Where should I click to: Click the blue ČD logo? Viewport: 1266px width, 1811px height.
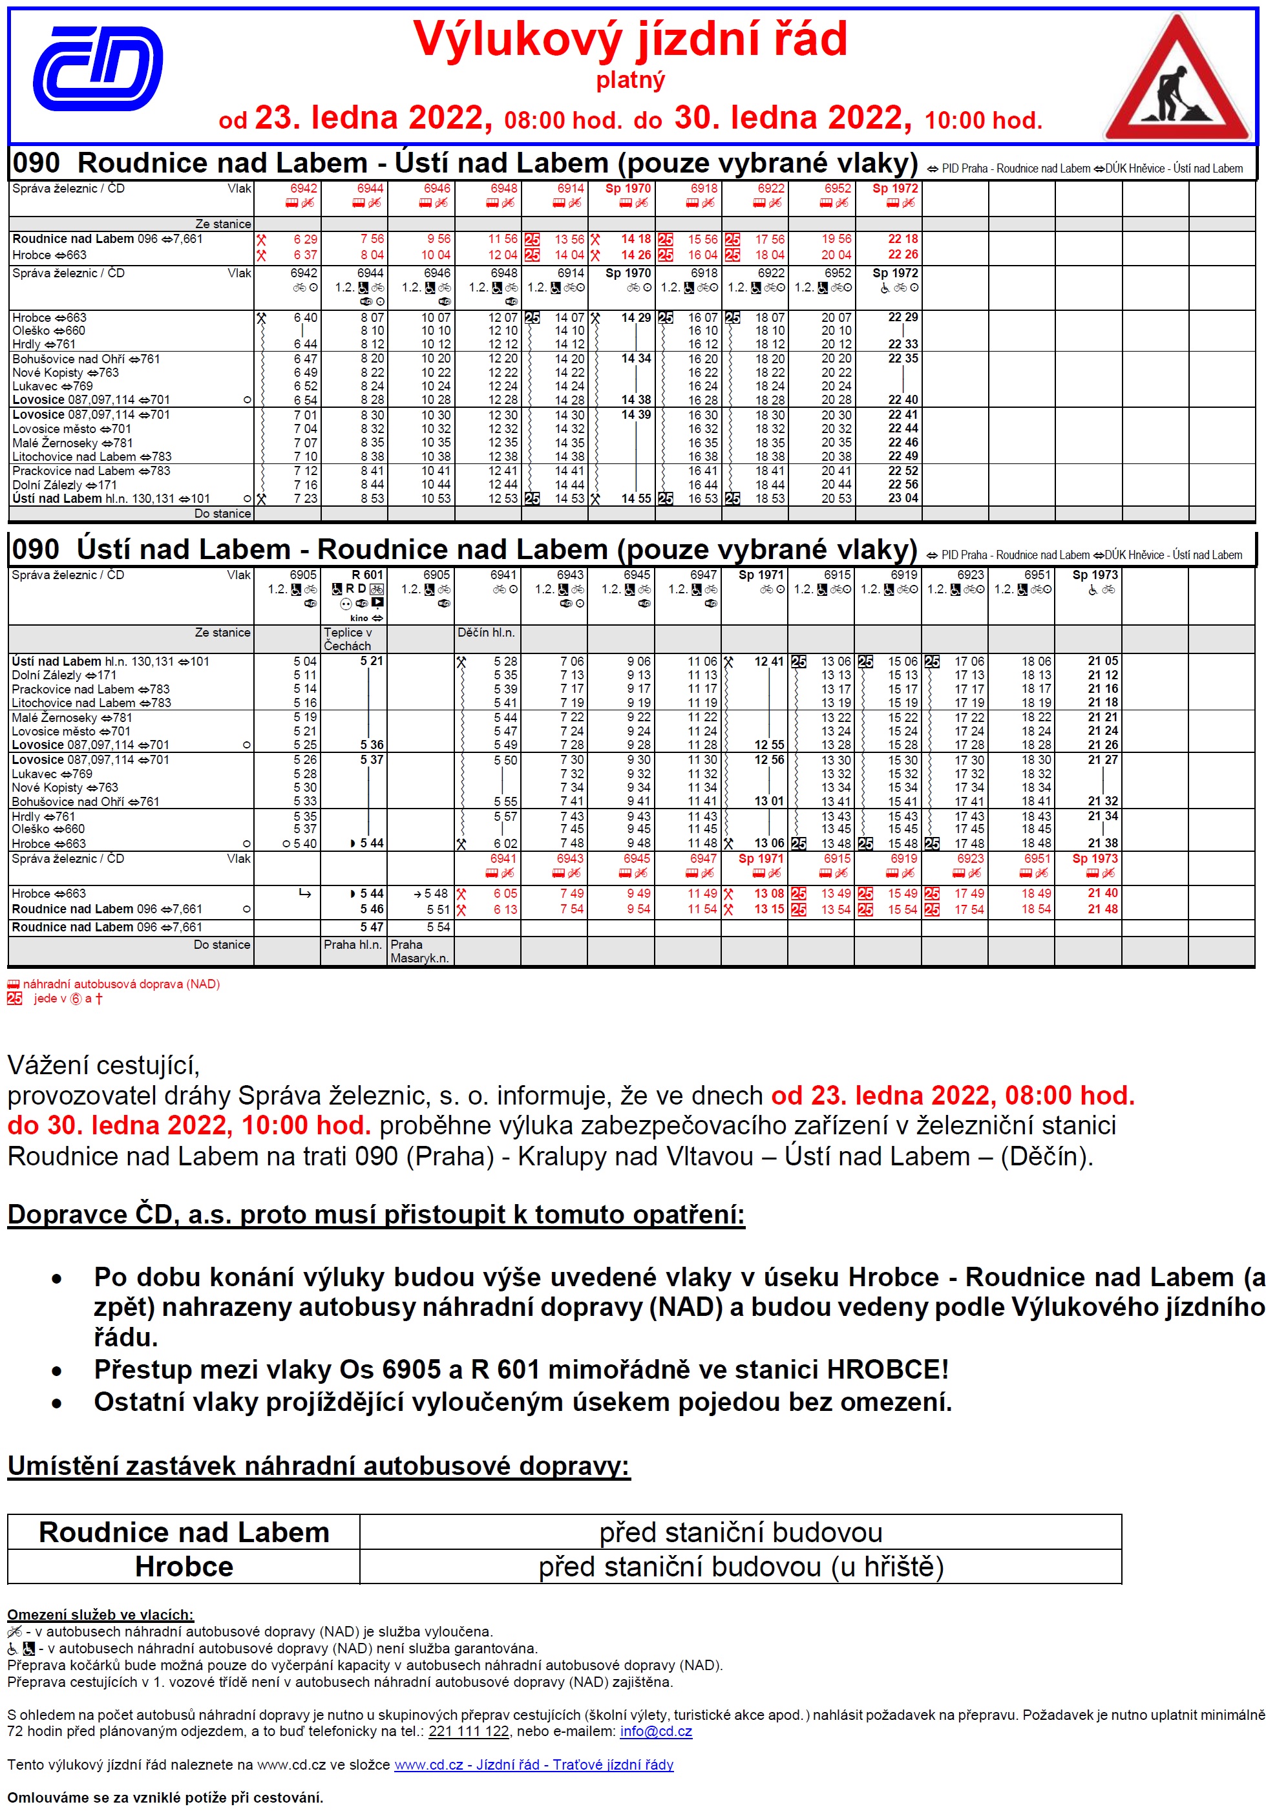click(98, 68)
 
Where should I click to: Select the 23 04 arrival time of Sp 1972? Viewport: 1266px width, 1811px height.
click(903, 498)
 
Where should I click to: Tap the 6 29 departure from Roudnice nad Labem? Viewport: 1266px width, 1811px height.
click(305, 239)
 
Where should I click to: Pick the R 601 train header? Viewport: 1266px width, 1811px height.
click(367, 575)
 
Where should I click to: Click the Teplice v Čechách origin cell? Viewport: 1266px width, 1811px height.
click(348, 639)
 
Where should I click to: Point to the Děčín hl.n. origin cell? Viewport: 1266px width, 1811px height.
click(486, 633)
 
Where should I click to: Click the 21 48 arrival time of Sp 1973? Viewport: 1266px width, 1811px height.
click(1102, 909)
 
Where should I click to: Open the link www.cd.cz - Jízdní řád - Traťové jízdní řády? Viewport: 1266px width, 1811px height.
click(533, 1764)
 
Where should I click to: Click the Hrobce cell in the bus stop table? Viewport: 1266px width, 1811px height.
click(184, 1567)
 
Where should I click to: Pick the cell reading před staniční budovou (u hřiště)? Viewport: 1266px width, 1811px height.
click(741, 1567)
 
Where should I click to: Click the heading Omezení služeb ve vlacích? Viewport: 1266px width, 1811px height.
click(100, 1615)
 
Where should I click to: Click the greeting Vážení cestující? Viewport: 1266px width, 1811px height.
click(103, 1065)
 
